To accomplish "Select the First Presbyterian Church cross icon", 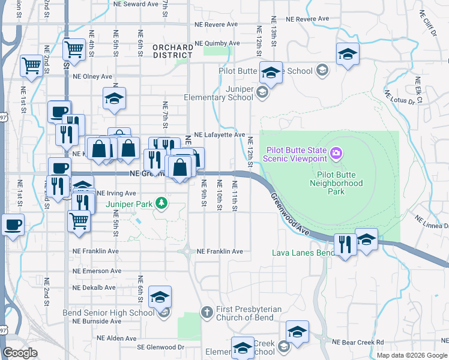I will pos(206,311).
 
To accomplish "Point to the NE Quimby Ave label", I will pos(218,43).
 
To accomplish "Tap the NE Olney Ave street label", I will pos(92,76).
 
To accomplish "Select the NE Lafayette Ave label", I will pos(218,135).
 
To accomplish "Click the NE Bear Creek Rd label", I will pos(358,342).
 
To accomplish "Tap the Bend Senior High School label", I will pos(109,313).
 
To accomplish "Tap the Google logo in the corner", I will pos(20,353).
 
